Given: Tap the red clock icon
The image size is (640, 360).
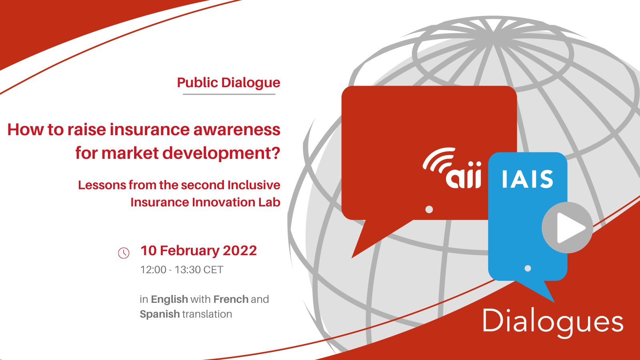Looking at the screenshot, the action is click(124, 253).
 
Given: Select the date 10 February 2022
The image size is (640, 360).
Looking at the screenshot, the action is click(198, 250).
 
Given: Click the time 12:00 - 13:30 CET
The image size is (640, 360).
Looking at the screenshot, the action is click(182, 270).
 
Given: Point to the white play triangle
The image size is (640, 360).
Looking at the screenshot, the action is click(570, 228).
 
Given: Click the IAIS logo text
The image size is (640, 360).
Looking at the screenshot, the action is click(528, 179).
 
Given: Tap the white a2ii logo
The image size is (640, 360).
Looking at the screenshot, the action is click(452, 168).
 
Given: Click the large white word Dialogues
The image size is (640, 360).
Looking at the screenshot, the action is click(553, 322).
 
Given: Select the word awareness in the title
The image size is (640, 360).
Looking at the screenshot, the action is click(237, 130).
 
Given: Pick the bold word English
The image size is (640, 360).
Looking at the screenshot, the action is click(170, 299).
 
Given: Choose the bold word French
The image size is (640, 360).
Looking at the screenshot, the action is click(231, 299).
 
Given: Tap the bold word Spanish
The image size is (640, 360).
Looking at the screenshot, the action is click(160, 314).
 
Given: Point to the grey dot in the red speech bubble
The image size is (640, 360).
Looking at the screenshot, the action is click(429, 210).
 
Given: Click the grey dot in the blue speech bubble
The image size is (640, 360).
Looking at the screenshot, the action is click(528, 268).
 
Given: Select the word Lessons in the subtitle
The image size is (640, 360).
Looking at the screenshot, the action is click(102, 185).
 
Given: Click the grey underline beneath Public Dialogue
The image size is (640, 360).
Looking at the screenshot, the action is click(229, 94).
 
